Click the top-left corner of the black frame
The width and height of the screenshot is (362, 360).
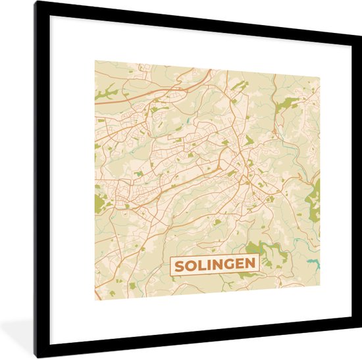tap(36, 2)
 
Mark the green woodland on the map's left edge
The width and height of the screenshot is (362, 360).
tap(100, 204)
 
